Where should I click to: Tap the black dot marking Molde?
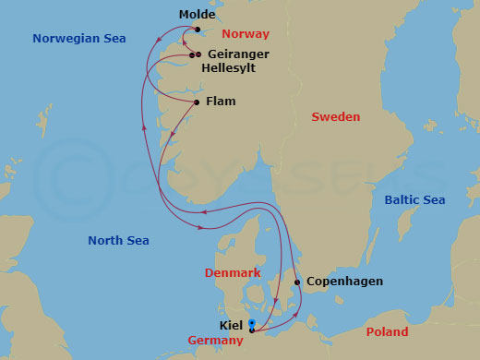[x=198, y=29]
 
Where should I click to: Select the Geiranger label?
[x=238, y=54]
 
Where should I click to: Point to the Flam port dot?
[x=198, y=102]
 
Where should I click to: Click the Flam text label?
[x=220, y=102]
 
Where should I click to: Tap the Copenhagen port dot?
[x=296, y=282]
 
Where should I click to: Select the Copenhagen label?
[x=343, y=282]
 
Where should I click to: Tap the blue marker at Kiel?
[x=252, y=323]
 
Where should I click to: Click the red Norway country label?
[x=246, y=34]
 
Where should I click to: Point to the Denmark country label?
[x=234, y=273]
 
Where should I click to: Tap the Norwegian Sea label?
[x=79, y=39]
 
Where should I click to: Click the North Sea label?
[x=118, y=241]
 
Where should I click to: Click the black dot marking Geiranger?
[x=198, y=55]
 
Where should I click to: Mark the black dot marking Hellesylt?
[x=192, y=55]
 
